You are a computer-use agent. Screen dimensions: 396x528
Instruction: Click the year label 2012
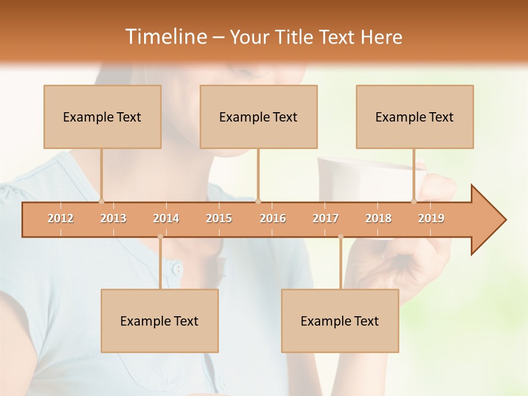(x=61, y=218)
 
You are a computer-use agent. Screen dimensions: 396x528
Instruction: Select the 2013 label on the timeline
(x=113, y=218)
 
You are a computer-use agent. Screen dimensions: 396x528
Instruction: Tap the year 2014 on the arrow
(x=166, y=218)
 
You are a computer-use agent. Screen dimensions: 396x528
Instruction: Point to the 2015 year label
(x=219, y=218)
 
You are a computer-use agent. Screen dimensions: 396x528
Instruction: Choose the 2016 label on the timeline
(x=273, y=218)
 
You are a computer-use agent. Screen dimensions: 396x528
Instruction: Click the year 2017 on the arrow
(x=326, y=218)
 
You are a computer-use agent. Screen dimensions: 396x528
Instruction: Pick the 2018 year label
(x=378, y=218)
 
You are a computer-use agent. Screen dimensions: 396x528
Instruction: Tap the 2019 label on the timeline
(x=431, y=218)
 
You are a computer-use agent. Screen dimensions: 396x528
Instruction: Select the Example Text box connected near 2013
(x=102, y=117)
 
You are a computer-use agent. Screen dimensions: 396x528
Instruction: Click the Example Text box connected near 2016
(x=258, y=117)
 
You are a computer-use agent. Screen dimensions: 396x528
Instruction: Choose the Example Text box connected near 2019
(x=415, y=117)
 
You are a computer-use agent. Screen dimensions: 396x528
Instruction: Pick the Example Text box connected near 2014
(x=159, y=321)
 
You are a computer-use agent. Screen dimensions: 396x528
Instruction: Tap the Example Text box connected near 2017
(x=340, y=321)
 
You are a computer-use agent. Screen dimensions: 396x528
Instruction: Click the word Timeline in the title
(x=165, y=37)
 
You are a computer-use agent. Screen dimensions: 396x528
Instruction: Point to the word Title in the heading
(x=295, y=37)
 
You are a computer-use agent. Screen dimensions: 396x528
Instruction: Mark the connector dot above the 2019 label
(x=414, y=201)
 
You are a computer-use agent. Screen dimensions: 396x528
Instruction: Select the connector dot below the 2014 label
(x=160, y=237)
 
